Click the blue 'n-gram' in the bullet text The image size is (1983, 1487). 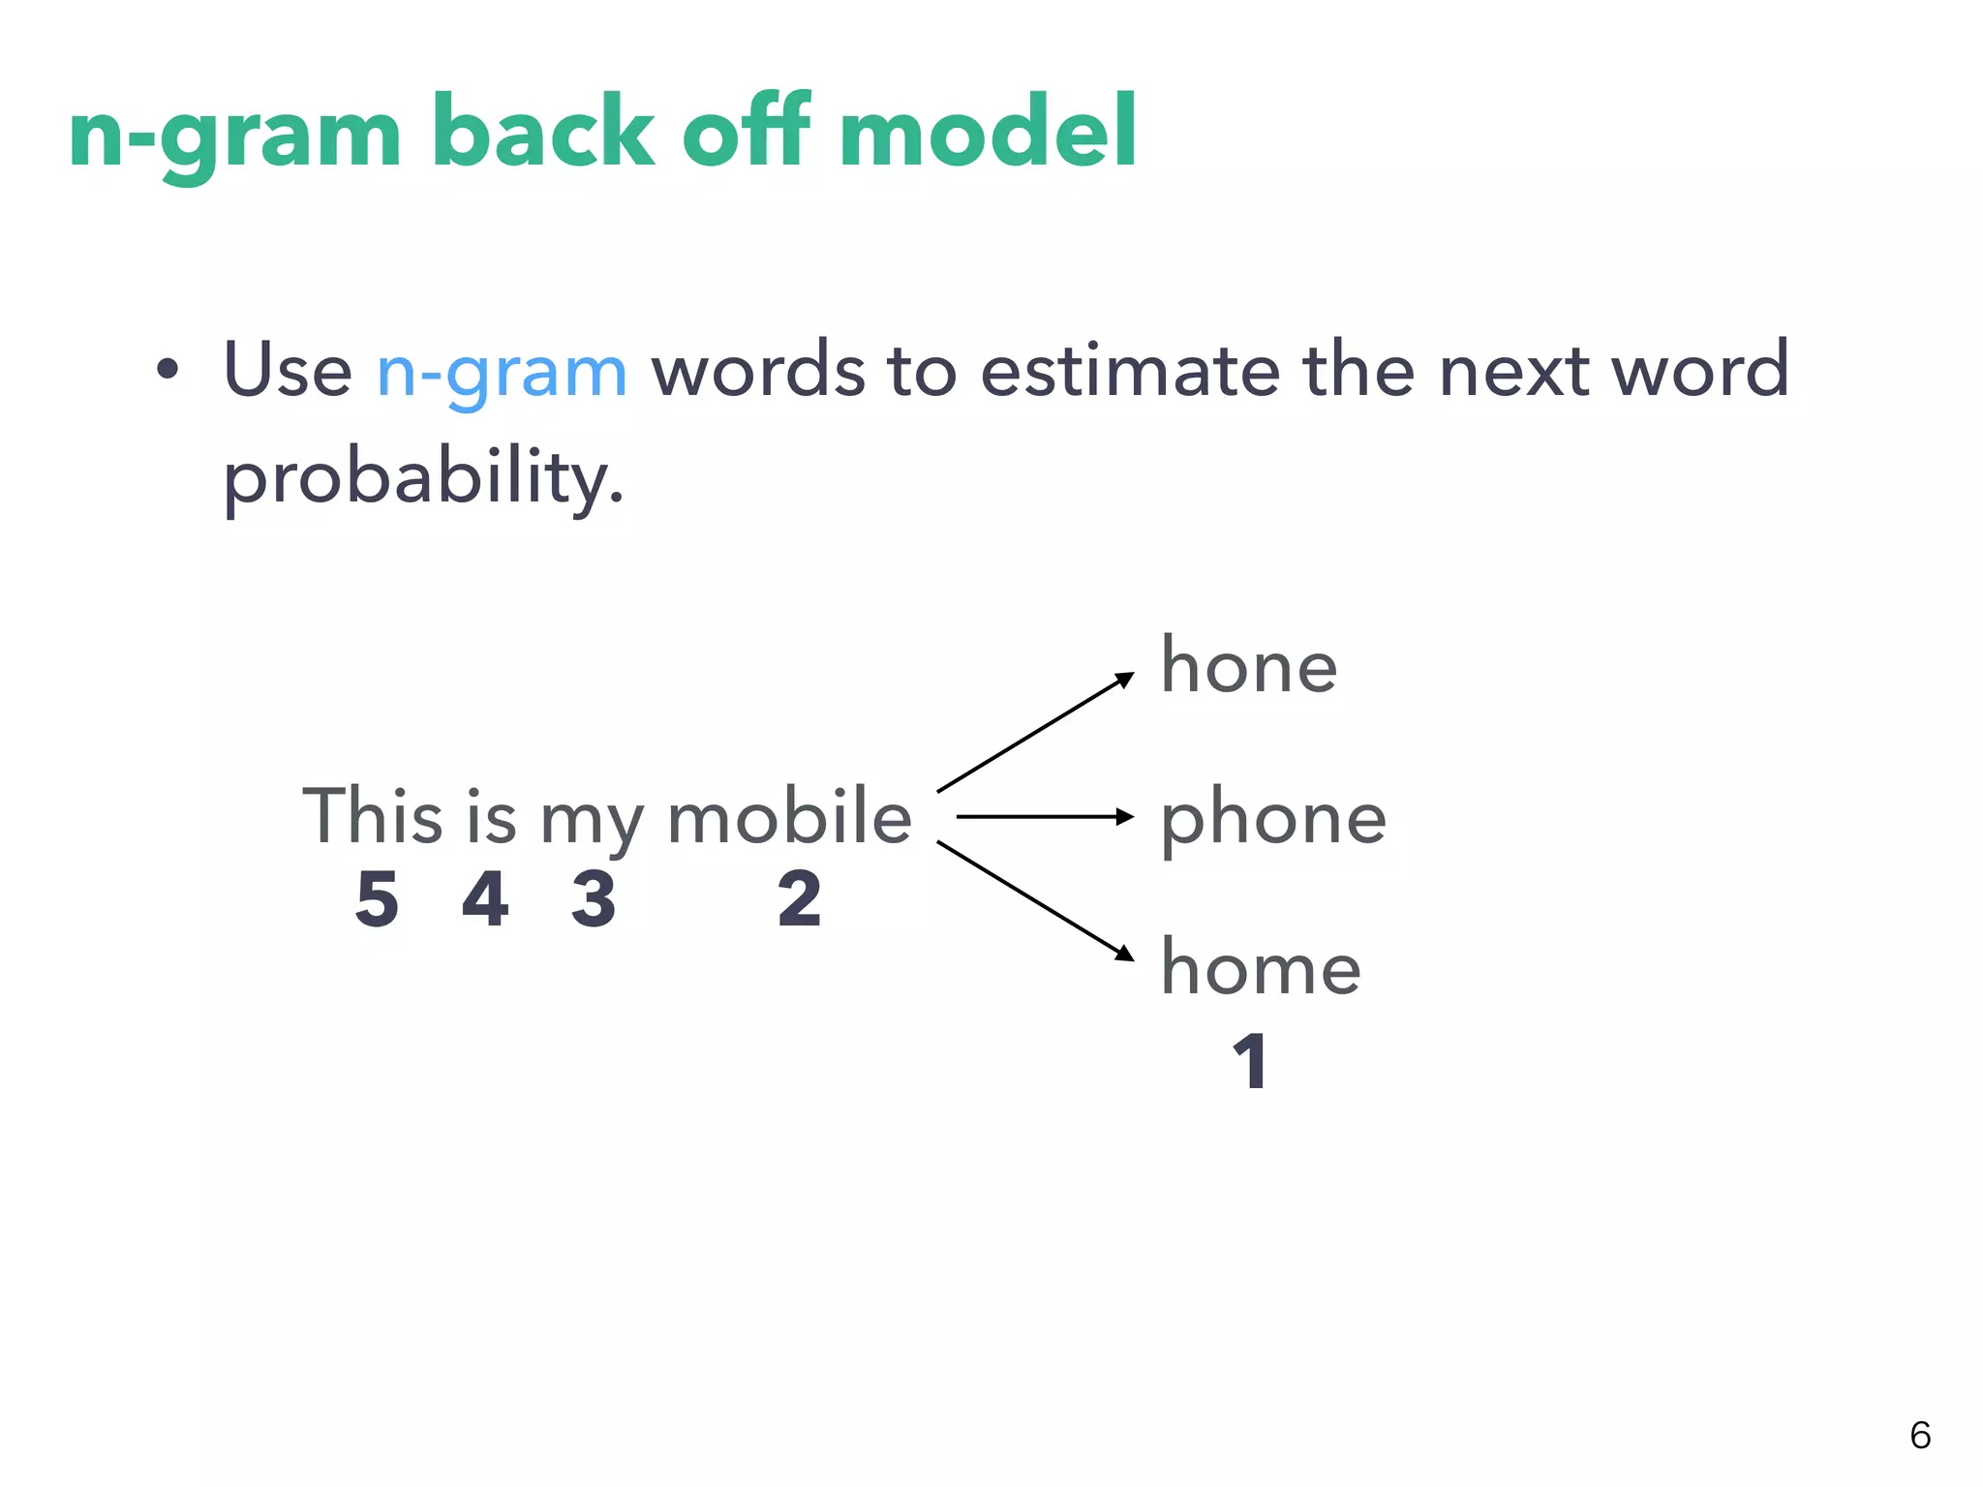(502, 373)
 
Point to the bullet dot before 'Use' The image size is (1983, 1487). (168, 370)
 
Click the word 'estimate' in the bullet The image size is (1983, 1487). (1129, 371)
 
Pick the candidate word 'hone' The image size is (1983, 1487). (1249, 666)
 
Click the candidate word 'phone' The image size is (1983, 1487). (1273, 820)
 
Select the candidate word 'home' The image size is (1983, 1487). (1261, 968)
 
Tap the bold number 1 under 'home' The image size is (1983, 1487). (1250, 1062)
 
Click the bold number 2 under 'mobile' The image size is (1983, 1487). (799, 899)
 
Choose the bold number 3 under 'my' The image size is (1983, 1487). (594, 899)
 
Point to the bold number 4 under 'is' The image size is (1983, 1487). (485, 899)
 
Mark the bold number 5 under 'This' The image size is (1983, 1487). (377, 899)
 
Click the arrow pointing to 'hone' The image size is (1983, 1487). (1034, 733)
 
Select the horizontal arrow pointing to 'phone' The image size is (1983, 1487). (1044, 817)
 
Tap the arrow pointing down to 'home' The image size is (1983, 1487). (1034, 900)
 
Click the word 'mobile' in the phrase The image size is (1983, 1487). (789, 816)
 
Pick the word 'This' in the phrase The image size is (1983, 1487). (373, 816)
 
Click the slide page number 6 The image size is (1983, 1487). (1920, 1435)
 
